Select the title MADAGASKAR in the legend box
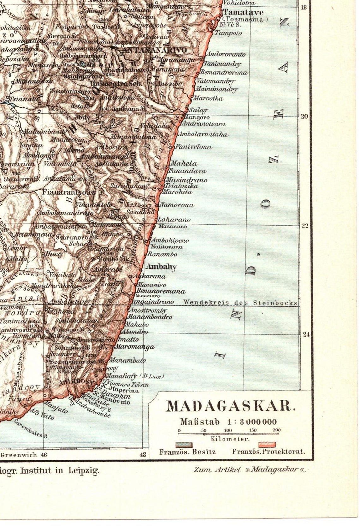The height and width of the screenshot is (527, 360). point(231,406)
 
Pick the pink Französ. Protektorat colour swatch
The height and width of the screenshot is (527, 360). point(267,445)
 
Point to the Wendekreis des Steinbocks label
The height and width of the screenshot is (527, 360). point(240,303)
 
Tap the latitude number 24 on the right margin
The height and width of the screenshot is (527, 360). point(306,335)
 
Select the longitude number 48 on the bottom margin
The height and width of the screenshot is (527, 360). point(143,455)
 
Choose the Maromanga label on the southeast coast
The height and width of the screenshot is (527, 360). point(135,347)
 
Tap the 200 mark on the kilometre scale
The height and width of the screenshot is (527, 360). point(276,430)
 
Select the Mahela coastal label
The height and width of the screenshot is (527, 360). point(183,164)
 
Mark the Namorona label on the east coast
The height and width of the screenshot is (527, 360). point(176,205)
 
